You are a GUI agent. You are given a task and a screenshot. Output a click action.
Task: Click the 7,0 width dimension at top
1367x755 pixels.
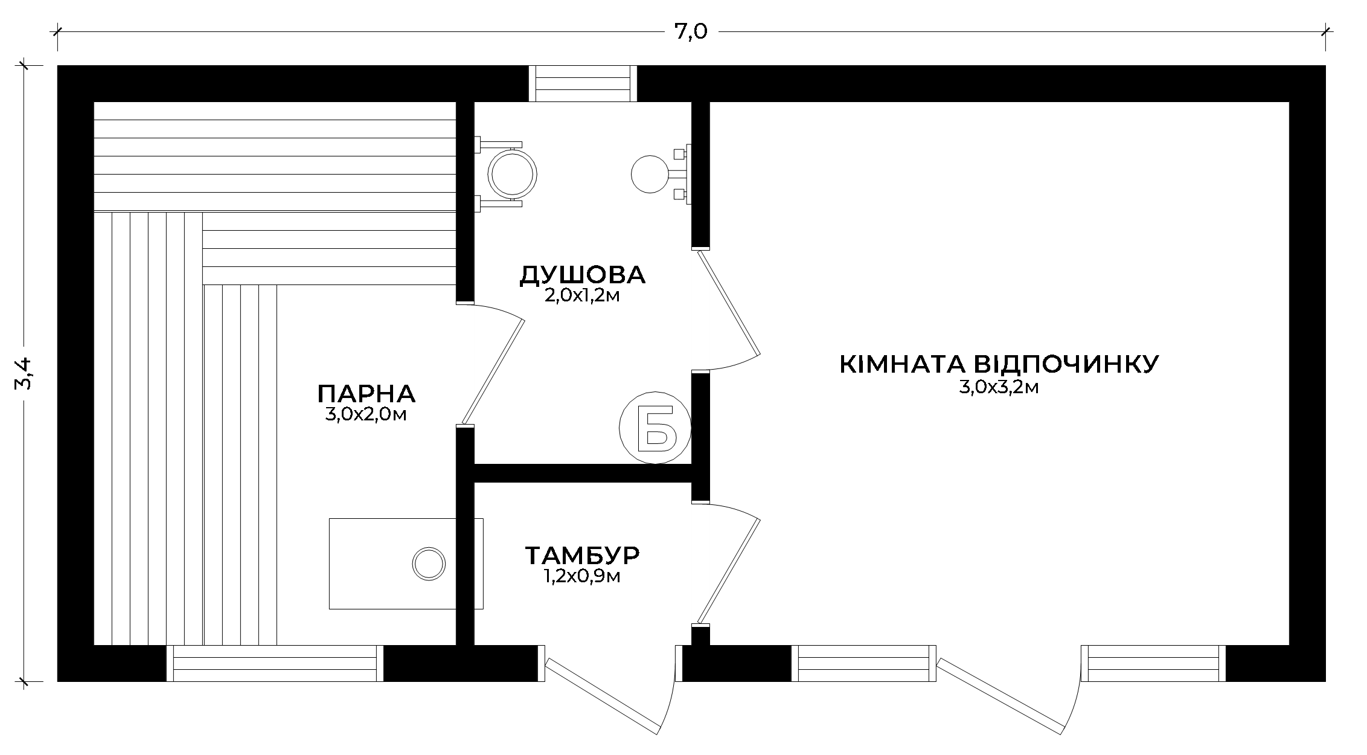(691, 31)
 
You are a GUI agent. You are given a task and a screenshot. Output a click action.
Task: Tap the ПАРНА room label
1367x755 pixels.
(367, 394)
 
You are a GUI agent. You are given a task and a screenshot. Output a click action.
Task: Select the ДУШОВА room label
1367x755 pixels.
(583, 275)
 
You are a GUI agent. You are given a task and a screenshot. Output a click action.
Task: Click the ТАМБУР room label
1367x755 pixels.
(582, 554)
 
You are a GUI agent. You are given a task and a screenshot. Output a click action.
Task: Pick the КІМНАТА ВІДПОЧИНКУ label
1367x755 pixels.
(999, 364)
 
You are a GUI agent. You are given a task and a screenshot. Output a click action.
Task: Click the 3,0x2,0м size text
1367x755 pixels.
(365, 415)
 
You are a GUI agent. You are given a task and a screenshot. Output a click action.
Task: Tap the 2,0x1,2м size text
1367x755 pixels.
(582, 296)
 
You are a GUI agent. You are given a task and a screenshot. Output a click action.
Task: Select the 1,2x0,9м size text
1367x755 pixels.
(582, 577)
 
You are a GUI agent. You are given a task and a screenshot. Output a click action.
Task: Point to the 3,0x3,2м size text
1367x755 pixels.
(999, 387)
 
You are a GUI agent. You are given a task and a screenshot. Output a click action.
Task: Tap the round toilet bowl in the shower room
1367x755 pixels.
(513, 174)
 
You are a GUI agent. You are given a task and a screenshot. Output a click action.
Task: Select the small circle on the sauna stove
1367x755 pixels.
(429, 564)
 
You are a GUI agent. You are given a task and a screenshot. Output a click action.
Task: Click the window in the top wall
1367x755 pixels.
(583, 83)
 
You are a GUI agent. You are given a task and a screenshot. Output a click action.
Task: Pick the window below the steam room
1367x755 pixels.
(275, 664)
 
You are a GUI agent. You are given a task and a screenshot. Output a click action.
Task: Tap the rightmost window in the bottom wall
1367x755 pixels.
(1154, 664)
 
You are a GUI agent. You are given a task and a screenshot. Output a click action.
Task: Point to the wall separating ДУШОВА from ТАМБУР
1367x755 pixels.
(583, 473)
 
